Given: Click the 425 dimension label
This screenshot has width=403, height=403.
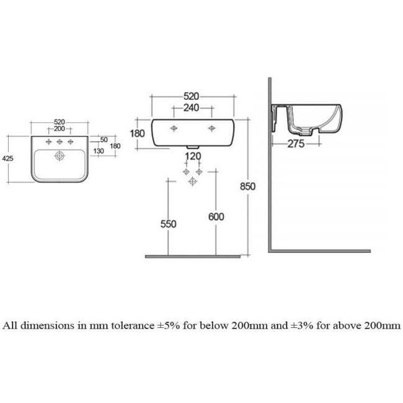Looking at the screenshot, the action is pos(7,159).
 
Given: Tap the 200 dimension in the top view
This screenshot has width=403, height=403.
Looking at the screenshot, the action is pos(60,129).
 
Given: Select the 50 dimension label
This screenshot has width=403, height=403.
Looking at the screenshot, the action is pos(104,139).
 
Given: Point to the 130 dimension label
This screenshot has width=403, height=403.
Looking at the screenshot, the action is pos(99,151).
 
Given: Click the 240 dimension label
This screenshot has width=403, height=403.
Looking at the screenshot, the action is pos(191,108).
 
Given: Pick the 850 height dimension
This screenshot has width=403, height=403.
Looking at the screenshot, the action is pos(248,187).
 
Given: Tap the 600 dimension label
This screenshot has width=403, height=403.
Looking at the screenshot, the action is pos(216,217).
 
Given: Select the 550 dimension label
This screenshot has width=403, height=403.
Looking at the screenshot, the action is pos(169,224).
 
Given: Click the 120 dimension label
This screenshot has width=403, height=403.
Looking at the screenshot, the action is pos(193,156).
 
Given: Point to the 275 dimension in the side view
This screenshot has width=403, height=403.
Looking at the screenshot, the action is pos(296,144).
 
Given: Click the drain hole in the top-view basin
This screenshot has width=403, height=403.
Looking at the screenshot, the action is pos(60,156).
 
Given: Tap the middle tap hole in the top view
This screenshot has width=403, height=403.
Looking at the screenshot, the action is pos(60,141).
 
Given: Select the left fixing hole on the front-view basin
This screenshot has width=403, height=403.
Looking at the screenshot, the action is pos(174,128).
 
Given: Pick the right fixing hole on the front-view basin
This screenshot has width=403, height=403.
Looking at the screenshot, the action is pos(212,128).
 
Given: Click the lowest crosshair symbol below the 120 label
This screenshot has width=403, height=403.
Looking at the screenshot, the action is pos(192,182).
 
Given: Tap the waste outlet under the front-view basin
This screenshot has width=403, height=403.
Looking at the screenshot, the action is pos(193,148).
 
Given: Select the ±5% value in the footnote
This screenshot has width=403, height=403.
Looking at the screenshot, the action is pos(169,325).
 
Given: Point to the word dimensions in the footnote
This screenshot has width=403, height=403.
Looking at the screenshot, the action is pos(47,325).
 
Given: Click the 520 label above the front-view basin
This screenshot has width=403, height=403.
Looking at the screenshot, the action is pos(192,96).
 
